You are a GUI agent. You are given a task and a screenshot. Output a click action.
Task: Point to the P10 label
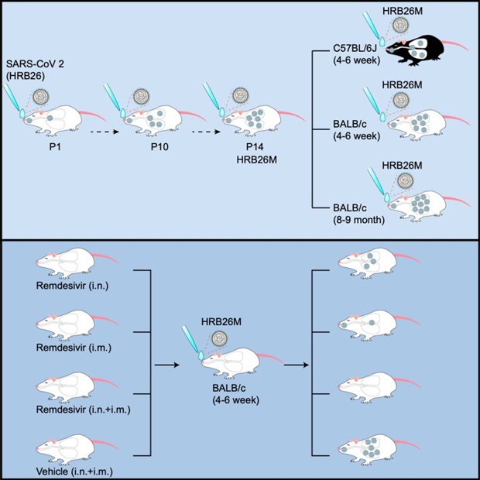[x=152, y=144]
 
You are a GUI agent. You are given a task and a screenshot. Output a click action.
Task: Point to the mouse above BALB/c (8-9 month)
[x=422, y=204]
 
